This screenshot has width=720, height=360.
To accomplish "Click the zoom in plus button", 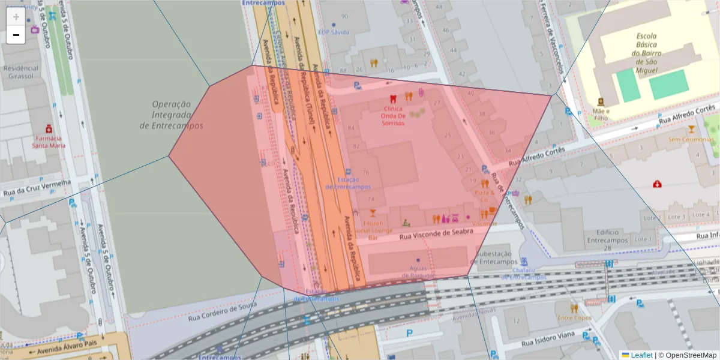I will [x=16, y=17].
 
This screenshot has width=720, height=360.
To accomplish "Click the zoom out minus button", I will [x=16, y=35].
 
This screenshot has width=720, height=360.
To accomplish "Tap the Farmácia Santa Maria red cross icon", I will [x=49, y=128].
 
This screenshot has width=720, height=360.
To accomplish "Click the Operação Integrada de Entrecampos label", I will [x=171, y=115].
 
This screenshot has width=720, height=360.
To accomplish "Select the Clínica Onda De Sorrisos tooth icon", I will [x=394, y=98].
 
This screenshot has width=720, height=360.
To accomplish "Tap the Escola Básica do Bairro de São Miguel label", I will [x=646, y=53].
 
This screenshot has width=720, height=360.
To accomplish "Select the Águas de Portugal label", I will [x=418, y=271].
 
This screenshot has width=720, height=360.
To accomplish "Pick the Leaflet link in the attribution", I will [x=641, y=355].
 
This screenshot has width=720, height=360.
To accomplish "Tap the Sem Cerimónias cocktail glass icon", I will [x=691, y=129].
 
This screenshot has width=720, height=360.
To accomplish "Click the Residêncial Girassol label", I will [x=21, y=73].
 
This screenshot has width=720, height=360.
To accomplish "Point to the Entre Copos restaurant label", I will [x=574, y=317].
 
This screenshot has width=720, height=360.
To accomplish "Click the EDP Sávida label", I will [x=333, y=32].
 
